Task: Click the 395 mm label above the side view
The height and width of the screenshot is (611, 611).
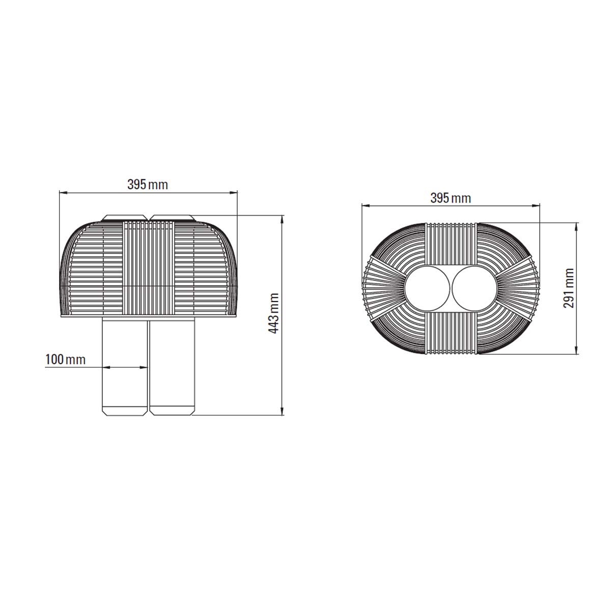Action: tap(148, 184)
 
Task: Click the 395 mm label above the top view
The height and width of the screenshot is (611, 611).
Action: tap(450, 199)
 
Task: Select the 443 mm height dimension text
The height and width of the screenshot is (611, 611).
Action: tap(273, 313)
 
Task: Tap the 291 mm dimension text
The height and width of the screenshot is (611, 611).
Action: tap(569, 288)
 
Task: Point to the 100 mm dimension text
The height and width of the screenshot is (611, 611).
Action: tap(65, 359)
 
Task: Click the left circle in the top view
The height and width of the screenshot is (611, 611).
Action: tap(427, 289)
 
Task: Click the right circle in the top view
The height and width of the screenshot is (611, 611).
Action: tap(475, 289)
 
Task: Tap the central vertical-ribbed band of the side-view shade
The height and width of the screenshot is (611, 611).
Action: tap(148, 268)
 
